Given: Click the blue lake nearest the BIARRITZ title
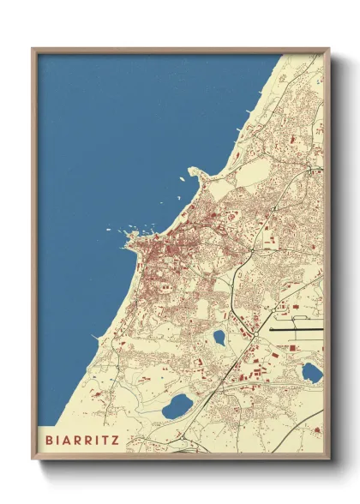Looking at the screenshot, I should click(178, 404).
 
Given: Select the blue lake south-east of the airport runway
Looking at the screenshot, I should click(312, 372).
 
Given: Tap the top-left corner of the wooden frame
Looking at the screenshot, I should click(33, 49).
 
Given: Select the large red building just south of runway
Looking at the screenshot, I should click(292, 347).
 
